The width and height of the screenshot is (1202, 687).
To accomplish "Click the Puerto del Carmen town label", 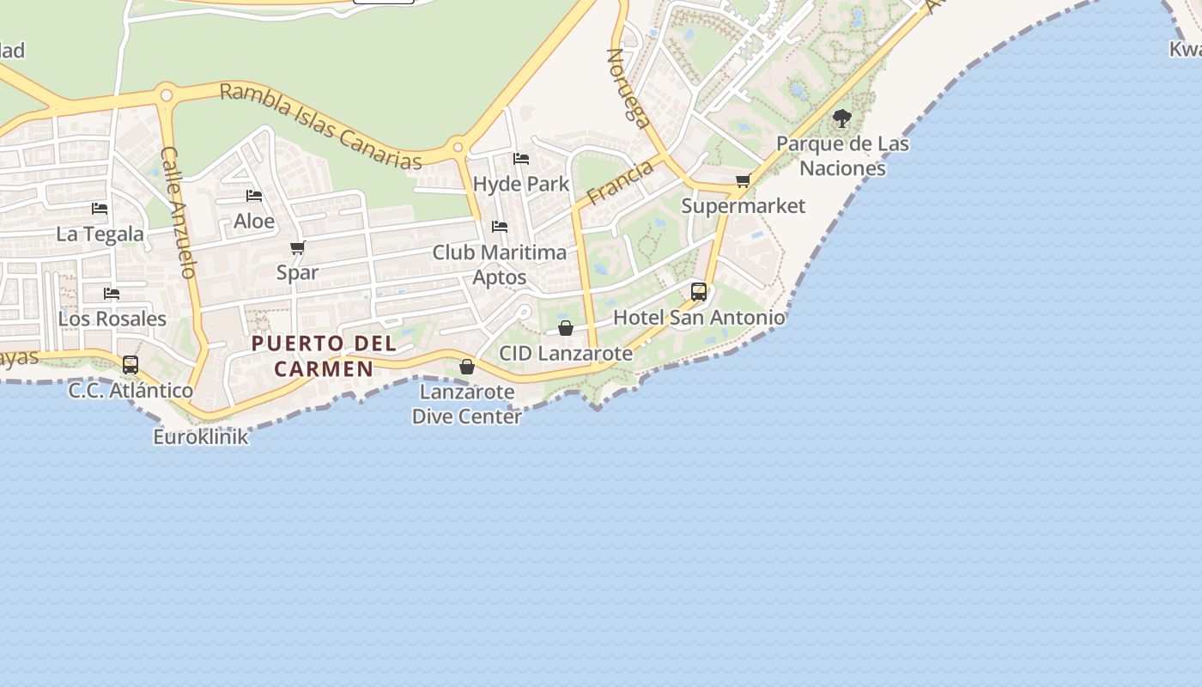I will pos(324,356).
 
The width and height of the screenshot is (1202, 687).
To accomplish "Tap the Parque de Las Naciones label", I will pos(842,155).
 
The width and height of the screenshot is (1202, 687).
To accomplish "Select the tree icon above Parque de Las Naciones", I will pos(842,119).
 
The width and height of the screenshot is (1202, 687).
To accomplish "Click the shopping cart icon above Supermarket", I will pos(744,180).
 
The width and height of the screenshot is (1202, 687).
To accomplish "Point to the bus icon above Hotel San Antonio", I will pos(699,291).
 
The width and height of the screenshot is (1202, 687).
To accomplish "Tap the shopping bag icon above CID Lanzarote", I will pos(566,328).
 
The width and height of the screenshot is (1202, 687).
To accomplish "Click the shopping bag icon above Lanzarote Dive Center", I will pos(467,367).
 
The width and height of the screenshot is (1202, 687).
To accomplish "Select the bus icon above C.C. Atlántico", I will pos(131,365).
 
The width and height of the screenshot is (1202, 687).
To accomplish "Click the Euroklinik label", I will pos(201,436).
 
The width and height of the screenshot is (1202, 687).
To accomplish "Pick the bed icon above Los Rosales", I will pos(112,294).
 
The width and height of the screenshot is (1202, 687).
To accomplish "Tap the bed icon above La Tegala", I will pos(100,209).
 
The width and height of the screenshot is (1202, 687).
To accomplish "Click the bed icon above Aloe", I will pos(254,196).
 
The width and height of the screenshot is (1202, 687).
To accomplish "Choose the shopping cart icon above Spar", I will pos(298,248).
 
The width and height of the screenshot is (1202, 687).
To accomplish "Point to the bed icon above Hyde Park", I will pos(521,159).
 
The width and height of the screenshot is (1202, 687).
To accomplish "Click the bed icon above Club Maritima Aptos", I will pos(500,227).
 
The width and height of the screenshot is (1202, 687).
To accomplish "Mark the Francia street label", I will pos(620,182).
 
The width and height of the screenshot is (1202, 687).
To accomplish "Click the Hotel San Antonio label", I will pos(699,318).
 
